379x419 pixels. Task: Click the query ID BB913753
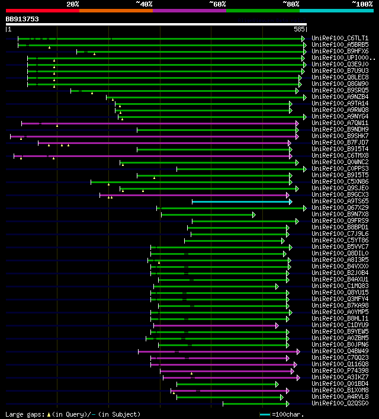[x=23, y=19]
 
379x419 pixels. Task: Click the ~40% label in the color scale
[x=144, y=4]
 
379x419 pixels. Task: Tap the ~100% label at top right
[x=362, y=4]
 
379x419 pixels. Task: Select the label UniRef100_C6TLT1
[x=340, y=38]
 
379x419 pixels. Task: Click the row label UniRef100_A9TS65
[x=340, y=201]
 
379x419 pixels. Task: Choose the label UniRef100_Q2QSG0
[x=340, y=404]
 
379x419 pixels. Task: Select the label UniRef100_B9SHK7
[x=340, y=136]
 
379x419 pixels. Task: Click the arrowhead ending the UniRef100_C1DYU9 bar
[x=277, y=325]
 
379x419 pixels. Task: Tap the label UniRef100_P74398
[x=340, y=371]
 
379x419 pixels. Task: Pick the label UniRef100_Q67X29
[x=340, y=208]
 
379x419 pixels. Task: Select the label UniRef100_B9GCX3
[x=340, y=195]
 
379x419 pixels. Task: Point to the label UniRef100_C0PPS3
[x=340, y=169]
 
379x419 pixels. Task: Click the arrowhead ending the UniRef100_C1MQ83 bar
[x=277, y=286]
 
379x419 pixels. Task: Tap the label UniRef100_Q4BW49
[x=340, y=351]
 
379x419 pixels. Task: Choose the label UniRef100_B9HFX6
[x=340, y=51]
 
